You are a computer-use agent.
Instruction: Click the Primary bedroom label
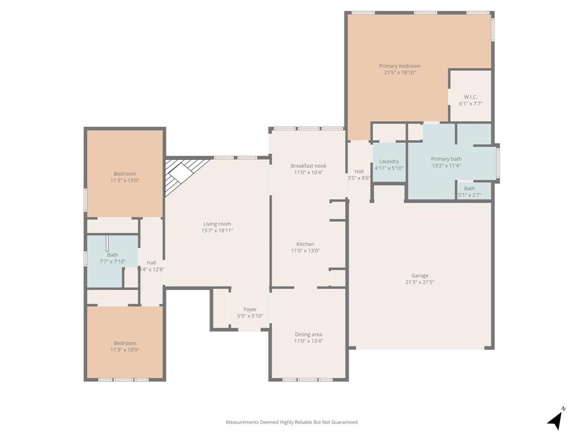click(400, 66)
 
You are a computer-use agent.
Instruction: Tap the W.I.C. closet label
click(470, 97)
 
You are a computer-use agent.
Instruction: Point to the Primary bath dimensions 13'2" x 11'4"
click(446, 166)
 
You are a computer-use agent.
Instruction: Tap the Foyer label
click(250, 310)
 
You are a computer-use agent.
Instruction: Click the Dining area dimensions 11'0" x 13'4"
click(308, 341)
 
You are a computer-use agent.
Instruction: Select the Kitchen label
click(305, 244)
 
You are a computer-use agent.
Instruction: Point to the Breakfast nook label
click(308, 166)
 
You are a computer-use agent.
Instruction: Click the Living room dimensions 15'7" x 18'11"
click(217, 230)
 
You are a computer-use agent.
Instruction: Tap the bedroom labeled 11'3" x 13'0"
click(125, 177)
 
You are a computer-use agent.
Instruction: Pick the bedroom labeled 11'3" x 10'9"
click(125, 347)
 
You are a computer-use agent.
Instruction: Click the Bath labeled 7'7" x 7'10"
click(112, 258)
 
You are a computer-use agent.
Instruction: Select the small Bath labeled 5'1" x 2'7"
click(469, 192)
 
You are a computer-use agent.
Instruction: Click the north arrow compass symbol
click(556, 419)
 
